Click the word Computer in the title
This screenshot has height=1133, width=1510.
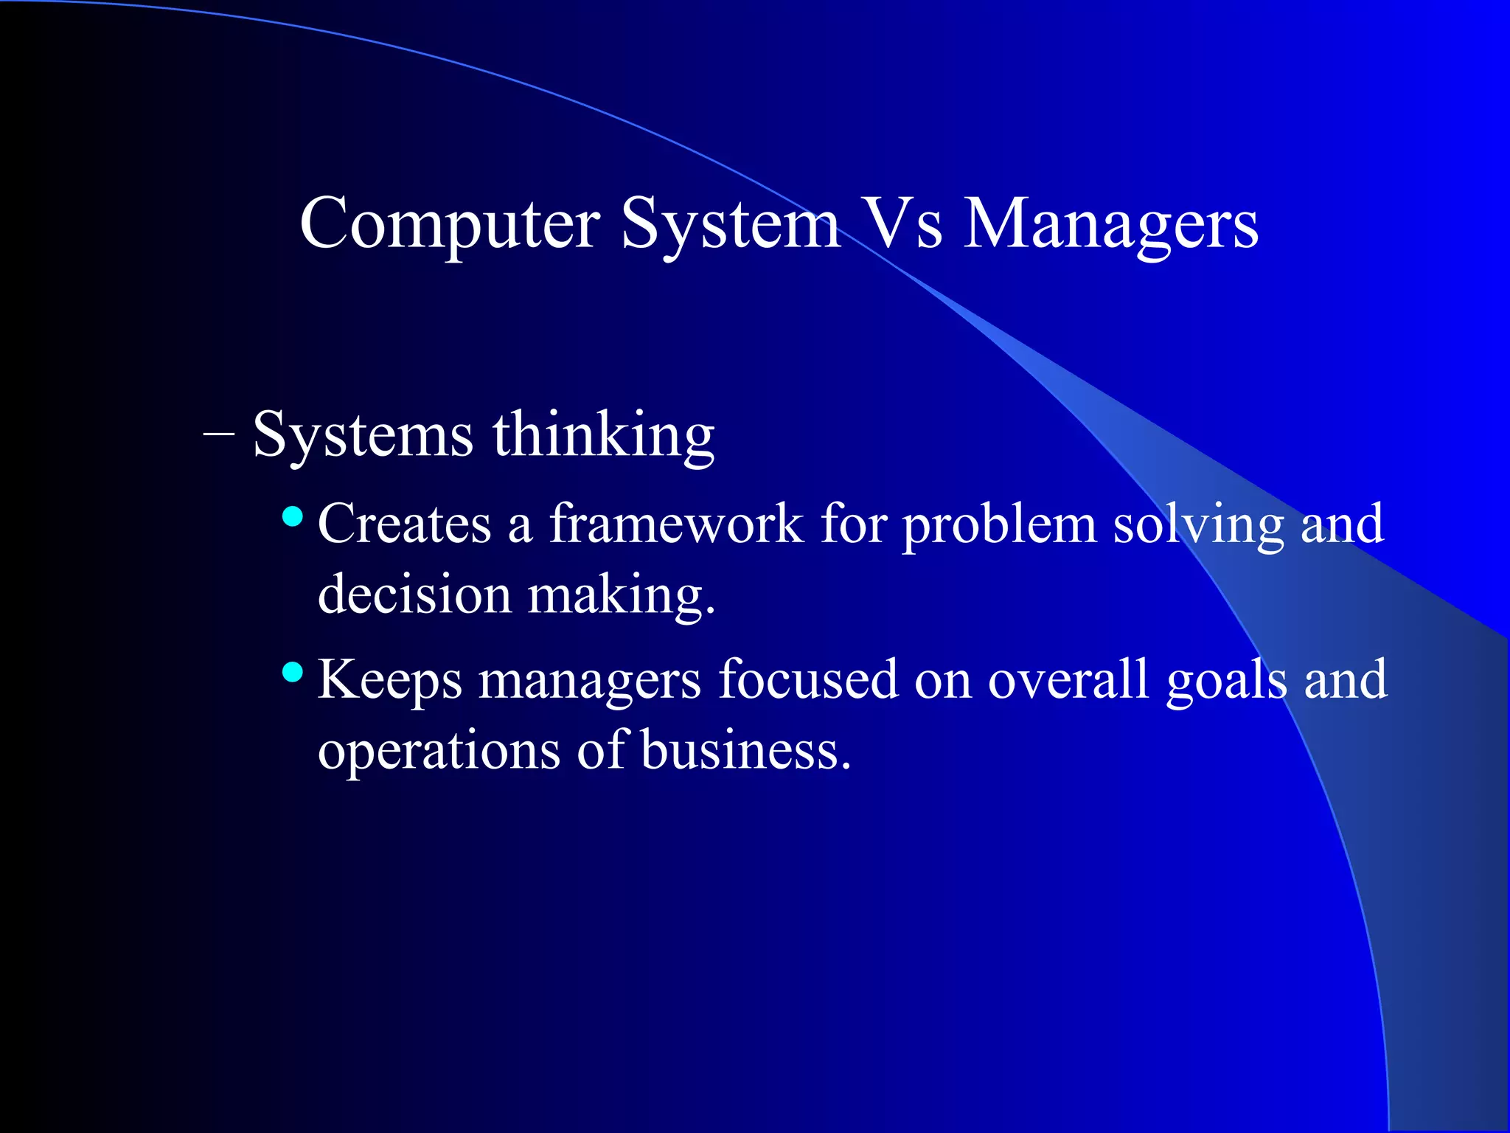click(450, 224)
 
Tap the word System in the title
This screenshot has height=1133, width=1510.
click(730, 224)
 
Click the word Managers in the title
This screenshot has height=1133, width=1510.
click(1111, 224)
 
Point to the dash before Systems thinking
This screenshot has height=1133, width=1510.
click(219, 435)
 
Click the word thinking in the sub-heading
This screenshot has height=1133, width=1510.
click(603, 435)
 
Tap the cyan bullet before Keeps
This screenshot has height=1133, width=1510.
click(293, 672)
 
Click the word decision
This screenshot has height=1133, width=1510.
click(414, 595)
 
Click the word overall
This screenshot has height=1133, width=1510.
click(1068, 679)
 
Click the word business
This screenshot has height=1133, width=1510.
click(745, 749)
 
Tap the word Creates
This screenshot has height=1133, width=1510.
click(404, 524)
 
